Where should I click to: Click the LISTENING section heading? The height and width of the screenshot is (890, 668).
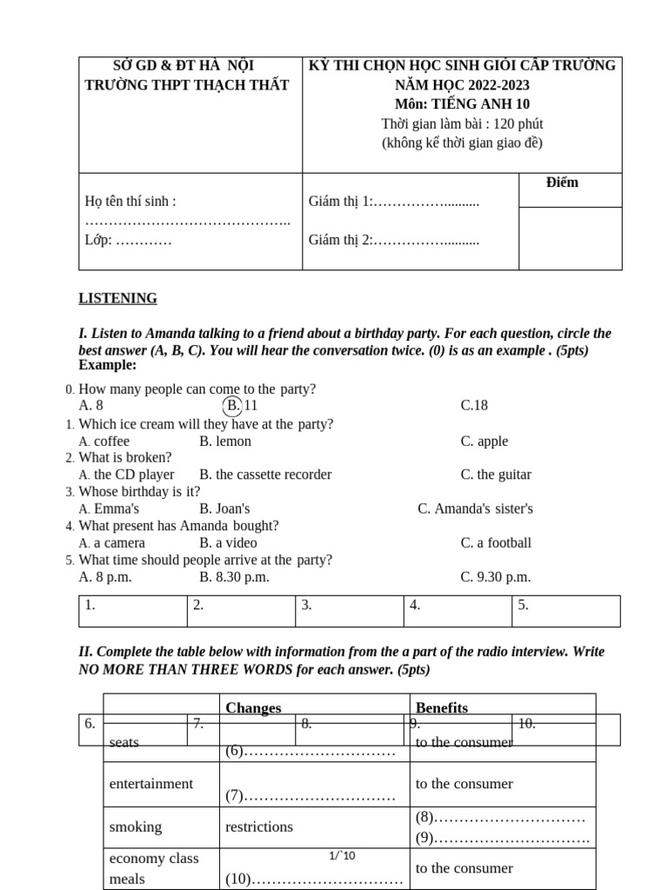pyautogui.click(x=117, y=298)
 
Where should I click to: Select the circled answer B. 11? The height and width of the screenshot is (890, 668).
pyautogui.click(x=241, y=405)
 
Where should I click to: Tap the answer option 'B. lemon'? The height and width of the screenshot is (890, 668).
pyautogui.click(x=224, y=441)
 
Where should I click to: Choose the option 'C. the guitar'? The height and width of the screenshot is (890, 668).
pyautogui.click(x=496, y=475)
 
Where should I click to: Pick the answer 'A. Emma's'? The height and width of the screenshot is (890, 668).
pyautogui.click(x=109, y=508)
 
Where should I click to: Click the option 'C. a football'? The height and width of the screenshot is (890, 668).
pyautogui.click(x=496, y=542)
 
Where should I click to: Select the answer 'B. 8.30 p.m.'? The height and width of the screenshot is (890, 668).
pyautogui.click(x=234, y=576)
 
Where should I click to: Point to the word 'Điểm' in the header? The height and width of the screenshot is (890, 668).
pyautogui.click(x=562, y=183)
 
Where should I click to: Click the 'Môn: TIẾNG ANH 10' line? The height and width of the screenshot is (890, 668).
pyautogui.click(x=462, y=104)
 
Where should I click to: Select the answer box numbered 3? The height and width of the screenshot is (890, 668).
pyautogui.click(x=349, y=610)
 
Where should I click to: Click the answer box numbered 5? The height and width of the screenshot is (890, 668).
pyautogui.click(x=565, y=610)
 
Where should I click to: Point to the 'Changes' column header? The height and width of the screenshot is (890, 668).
pyautogui.click(x=253, y=707)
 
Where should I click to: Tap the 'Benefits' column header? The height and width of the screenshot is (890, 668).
pyautogui.click(x=442, y=707)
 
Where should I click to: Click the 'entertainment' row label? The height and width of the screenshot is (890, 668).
pyautogui.click(x=151, y=783)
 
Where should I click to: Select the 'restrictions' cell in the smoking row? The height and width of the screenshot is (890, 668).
pyautogui.click(x=259, y=827)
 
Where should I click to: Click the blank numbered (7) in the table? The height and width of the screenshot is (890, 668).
pyautogui.click(x=311, y=795)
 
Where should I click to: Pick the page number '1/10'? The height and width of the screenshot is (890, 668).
pyautogui.click(x=342, y=856)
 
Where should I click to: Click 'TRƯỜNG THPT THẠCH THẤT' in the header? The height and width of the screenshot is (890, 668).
pyautogui.click(x=187, y=85)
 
